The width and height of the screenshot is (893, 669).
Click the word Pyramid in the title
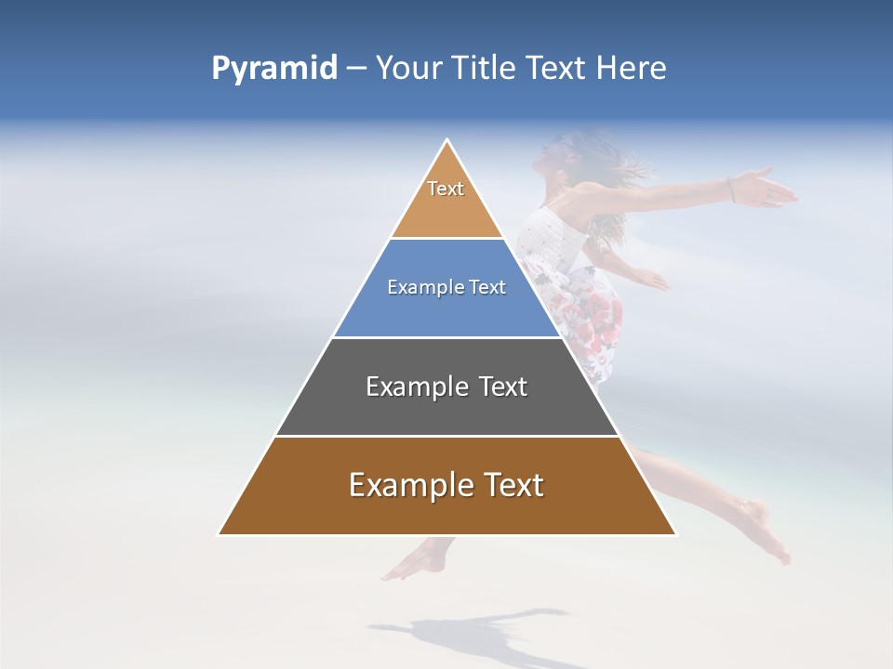coord(273,69)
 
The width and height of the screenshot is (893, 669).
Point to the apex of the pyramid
coord(447,141)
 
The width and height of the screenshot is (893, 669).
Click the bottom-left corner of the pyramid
coord(220,534)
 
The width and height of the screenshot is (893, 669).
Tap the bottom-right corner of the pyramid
coord(674,534)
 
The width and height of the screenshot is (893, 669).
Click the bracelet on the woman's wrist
coord(732,190)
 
